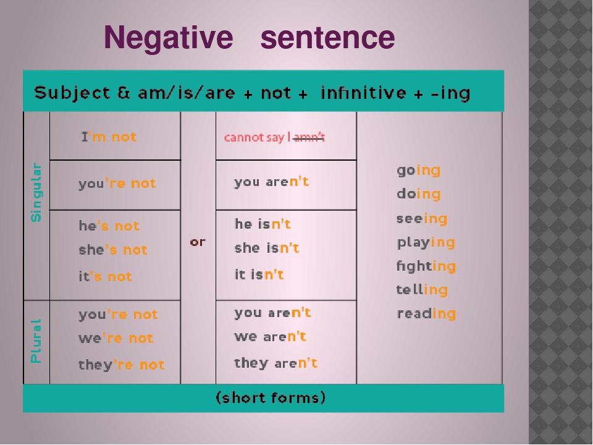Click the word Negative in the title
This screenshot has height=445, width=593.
pyautogui.click(x=168, y=38)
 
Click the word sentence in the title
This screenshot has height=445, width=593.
pyautogui.click(x=327, y=38)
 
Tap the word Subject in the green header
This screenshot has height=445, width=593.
pyautogui.click(x=72, y=93)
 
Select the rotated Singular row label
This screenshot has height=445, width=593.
pyautogui.click(x=36, y=192)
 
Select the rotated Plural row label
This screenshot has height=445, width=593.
pyautogui.click(x=36, y=340)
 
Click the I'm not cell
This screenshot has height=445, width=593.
pyautogui.click(x=109, y=137)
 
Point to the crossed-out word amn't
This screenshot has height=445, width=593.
pyautogui.click(x=309, y=137)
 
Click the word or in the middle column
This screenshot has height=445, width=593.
pyautogui.click(x=198, y=242)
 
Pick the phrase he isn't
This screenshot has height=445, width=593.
pyautogui.click(x=263, y=224)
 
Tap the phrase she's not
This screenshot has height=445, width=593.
pyautogui.click(x=113, y=250)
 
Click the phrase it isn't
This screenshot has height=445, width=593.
pyautogui.click(x=259, y=274)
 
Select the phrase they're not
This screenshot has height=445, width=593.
pyautogui.click(x=121, y=365)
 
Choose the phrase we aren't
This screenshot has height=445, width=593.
pyautogui.click(x=270, y=337)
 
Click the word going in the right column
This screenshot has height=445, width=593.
pyautogui.click(x=418, y=170)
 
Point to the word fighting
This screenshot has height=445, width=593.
pyautogui.click(x=426, y=266)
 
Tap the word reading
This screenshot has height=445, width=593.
pyautogui.click(x=426, y=313)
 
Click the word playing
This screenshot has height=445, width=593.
pyautogui.click(x=426, y=242)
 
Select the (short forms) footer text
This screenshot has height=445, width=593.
pyautogui.click(x=270, y=398)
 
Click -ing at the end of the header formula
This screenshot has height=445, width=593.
pyautogui.click(x=450, y=93)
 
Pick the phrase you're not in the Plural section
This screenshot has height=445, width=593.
pyautogui.click(x=118, y=314)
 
